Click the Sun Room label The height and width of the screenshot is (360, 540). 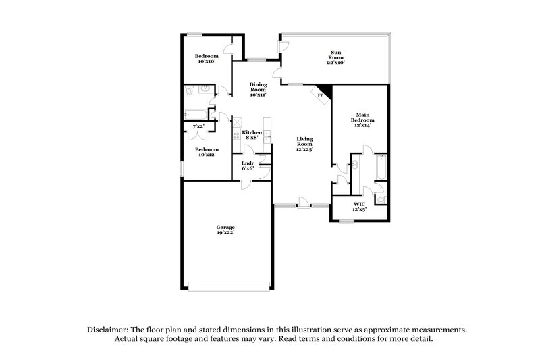pyautogui.click(x=336, y=57)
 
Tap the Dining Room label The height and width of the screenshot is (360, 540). pyautogui.click(x=258, y=89)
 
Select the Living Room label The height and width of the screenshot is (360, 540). pyautogui.click(x=305, y=143)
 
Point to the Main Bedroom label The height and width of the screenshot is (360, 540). pyautogui.click(x=360, y=120)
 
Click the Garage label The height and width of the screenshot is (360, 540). pyautogui.click(x=225, y=230)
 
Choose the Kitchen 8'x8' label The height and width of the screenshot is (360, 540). pyautogui.click(x=252, y=134)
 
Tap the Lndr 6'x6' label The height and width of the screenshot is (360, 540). pyautogui.click(x=247, y=165)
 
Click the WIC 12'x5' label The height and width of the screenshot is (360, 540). pyautogui.click(x=359, y=206)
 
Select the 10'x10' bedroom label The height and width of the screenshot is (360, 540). pyautogui.click(x=207, y=58)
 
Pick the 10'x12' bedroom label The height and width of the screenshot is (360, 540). pyautogui.click(x=207, y=152)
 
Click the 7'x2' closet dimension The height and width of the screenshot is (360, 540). pyautogui.click(x=198, y=126)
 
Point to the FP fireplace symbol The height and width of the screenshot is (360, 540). pyautogui.click(x=321, y=96)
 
